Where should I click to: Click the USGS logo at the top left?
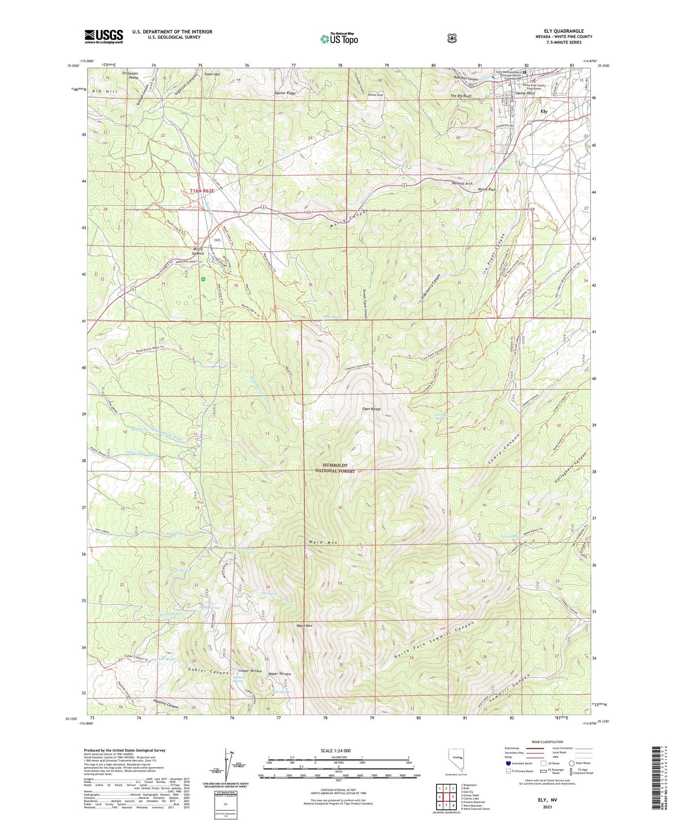click(103, 36)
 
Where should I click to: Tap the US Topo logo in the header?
click(339, 39)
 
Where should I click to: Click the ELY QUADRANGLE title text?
click(564, 31)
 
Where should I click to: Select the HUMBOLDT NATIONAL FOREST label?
click(335, 468)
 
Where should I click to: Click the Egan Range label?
click(371, 409)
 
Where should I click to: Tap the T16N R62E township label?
click(202, 191)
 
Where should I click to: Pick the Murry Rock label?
click(487, 189)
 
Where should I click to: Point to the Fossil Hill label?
click(211, 74)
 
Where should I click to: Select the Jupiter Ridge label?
click(285, 93)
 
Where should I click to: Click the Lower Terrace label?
click(250, 671)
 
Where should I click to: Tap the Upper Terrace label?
click(279, 674)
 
